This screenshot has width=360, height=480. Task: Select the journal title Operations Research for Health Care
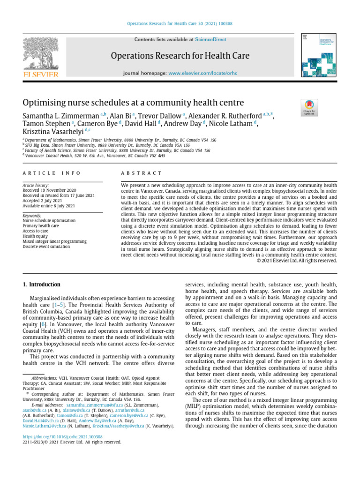(180, 56)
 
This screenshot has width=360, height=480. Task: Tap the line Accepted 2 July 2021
(43, 200)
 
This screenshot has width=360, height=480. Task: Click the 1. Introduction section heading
(42, 285)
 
